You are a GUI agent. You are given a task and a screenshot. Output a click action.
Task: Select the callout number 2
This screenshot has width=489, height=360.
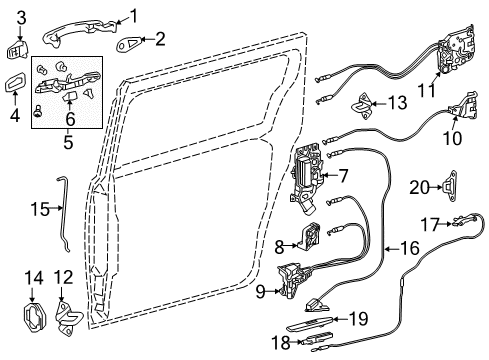(161, 40)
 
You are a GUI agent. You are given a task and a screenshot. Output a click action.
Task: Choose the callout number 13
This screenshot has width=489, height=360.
(397, 102)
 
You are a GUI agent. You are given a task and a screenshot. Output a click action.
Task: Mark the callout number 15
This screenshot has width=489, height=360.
(39, 208)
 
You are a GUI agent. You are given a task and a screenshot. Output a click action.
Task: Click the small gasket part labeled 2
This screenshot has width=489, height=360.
(130, 41)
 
